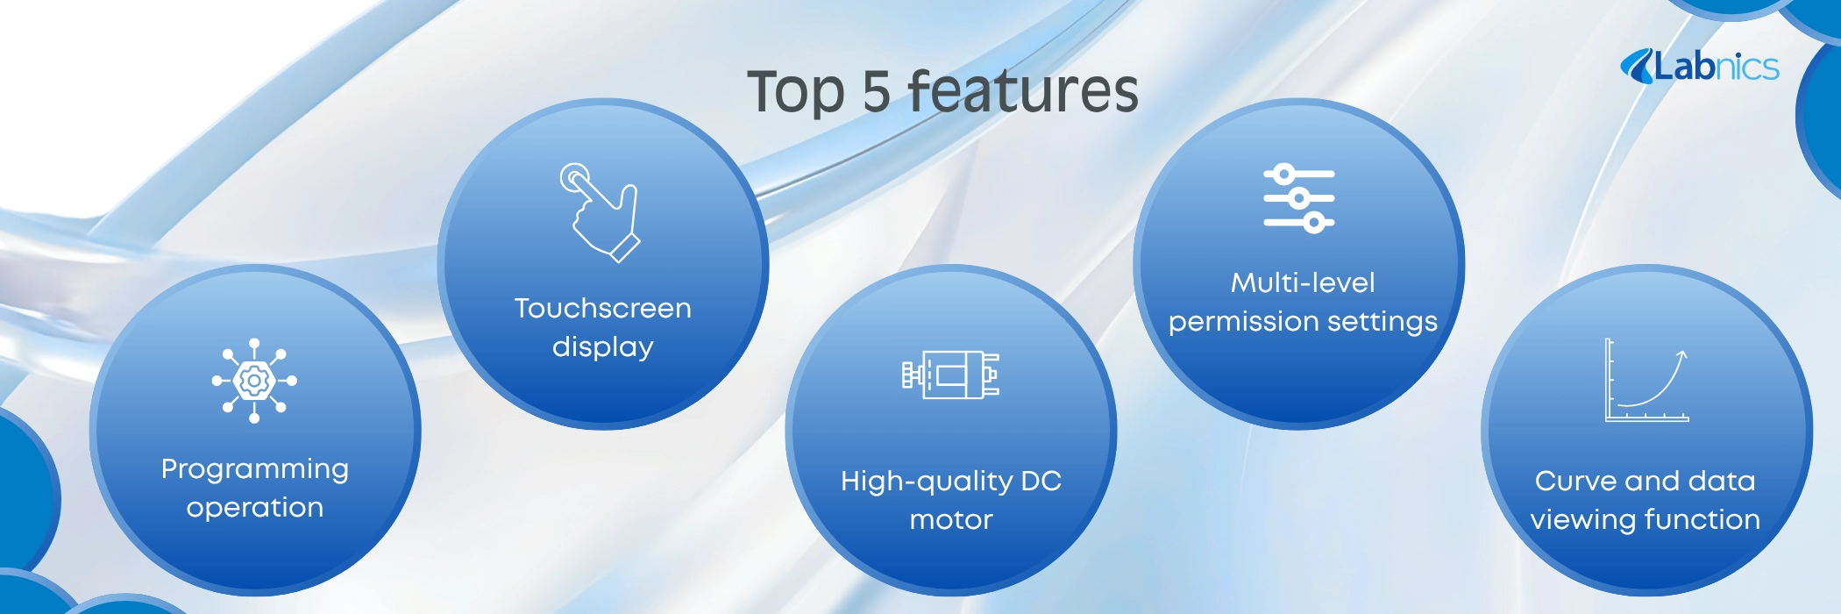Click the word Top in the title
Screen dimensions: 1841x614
pyautogui.click(x=796, y=93)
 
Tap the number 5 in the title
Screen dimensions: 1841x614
pyautogui.click(x=877, y=91)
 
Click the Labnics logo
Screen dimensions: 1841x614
pyautogui.click(x=1699, y=67)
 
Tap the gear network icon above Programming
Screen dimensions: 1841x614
pyautogui.click(x=254, y=381)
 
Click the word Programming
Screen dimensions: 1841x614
pyautogui.click(x=255, y=470)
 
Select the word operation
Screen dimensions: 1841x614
pyautogui.click(x=255, y=509)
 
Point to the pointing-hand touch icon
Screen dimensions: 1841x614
pyautogui.click(x=601, y=212)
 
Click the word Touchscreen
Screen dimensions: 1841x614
pyautogui.click(x=603, y=308)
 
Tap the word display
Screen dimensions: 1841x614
pyautogui.click(x=603, y=347)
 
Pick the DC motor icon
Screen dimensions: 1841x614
pyautogui.click(x=951, y=375)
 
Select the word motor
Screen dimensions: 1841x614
pyautogui.click(x=951, y=520)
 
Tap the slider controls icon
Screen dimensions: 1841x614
pyautogui.click(x=1299, y=198)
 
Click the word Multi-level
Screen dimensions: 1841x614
pyautogui.click(x=1303, y=282)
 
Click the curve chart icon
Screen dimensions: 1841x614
pyautogui.click(x=1646, y=381)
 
